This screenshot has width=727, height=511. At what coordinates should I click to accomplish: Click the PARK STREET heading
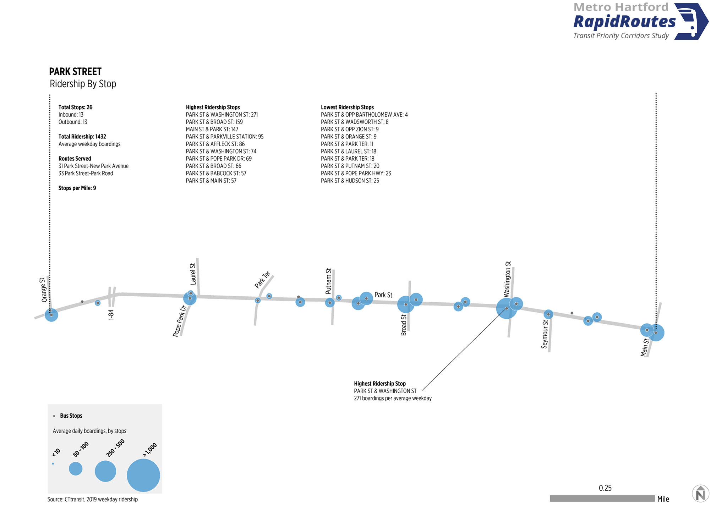(75, 72)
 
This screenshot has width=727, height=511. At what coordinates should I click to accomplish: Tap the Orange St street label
(44, 290)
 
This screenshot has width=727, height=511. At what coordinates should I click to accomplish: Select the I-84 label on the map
(111, 315)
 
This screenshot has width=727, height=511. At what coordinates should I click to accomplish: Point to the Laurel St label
(193, 274)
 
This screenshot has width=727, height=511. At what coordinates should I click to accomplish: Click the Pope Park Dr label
(180, 321)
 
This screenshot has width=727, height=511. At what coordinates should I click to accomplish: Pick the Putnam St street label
(329, 281)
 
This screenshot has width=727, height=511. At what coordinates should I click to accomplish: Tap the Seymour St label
(545, 334)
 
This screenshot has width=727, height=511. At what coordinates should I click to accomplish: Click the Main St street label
(645, 347)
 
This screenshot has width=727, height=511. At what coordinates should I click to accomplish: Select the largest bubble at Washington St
(507, 308)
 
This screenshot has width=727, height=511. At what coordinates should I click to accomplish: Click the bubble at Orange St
(51, 315)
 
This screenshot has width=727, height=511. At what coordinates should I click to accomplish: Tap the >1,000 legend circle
(143, 475)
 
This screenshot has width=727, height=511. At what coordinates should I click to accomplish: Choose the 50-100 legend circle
(76, 468)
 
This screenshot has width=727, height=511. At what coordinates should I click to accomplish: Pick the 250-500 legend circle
(105, 471)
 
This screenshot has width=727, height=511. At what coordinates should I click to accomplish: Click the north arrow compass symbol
(700, 494)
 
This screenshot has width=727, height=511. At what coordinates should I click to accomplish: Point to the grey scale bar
(602, 499)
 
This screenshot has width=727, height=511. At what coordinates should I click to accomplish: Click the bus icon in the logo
(691, 21)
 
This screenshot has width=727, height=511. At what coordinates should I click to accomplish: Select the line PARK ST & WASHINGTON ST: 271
(222, 115)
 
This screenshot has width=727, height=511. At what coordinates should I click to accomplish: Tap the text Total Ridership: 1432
(82, 137)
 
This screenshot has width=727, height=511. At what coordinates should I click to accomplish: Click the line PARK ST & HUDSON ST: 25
(350, 181)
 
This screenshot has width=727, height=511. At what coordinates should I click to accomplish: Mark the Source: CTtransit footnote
(93, 499)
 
